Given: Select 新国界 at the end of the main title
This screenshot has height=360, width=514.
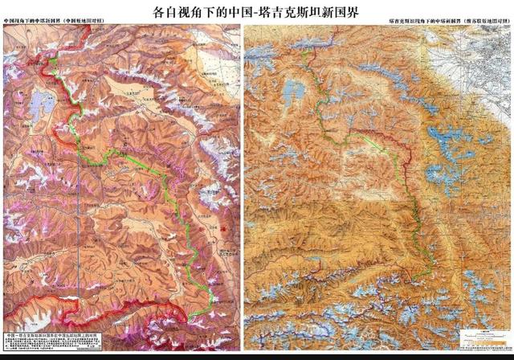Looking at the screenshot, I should [x=345, y=13].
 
